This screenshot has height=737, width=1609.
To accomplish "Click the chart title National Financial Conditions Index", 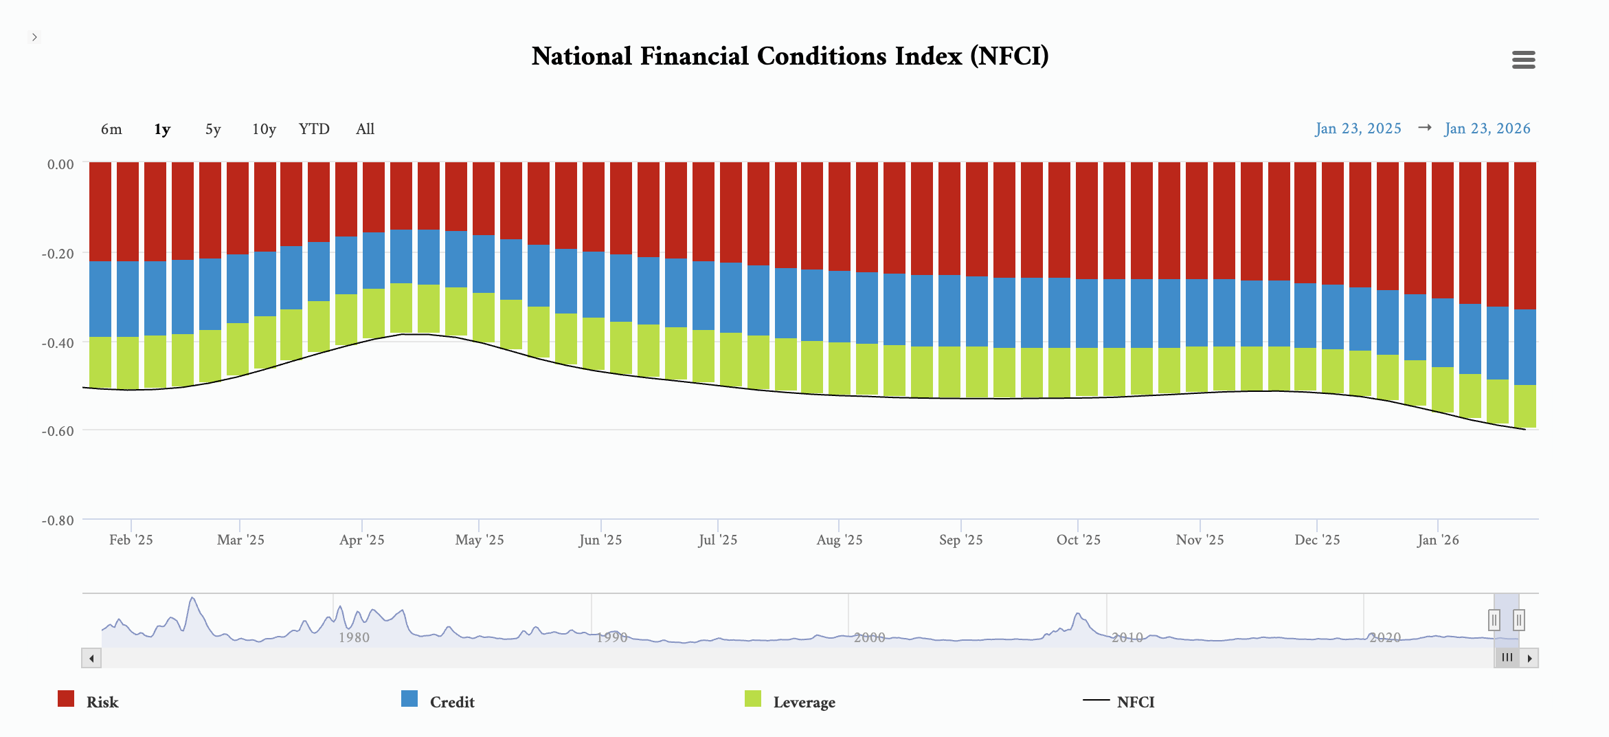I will (x=790, y=56).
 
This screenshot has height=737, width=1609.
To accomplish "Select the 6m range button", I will (x=111, y=129).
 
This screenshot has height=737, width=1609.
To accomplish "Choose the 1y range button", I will (x=162, y=129).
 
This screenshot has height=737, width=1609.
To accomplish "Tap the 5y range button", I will (x=213, y=129).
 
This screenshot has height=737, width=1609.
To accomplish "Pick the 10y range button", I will (x=264, y=129).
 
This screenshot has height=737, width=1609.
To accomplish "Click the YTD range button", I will (x=314, y=129).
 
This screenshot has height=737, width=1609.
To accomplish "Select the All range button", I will (x=365, y=129).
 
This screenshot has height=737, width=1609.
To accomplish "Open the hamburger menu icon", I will (x=1523, y=60).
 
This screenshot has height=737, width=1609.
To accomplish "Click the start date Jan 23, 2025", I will (x=1358, y=129).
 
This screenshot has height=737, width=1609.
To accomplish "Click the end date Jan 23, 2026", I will (x=1487, y=129).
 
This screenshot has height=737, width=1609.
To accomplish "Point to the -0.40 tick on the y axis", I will (x=58, y=342).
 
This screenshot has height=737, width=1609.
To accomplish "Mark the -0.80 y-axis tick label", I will (x=58, y=520).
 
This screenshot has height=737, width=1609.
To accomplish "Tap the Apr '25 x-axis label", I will (x=362, y=540).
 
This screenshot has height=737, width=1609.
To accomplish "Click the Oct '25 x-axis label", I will (x=1078, y=540).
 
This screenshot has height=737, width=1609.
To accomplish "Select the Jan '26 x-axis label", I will (x=1438, y=540).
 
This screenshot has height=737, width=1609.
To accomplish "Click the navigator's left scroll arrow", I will (x=91, y=658).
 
